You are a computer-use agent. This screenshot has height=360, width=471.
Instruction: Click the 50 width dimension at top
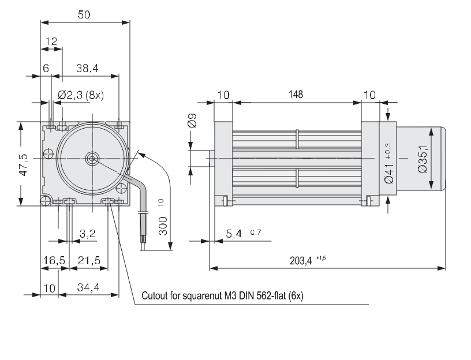[x=84, y=16]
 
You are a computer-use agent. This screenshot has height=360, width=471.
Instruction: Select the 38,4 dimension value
[x=87, y=68]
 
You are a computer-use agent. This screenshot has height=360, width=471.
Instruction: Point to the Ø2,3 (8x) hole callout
[x=81, y=95]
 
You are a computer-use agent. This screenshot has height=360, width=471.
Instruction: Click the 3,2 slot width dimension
[x=88, y=234]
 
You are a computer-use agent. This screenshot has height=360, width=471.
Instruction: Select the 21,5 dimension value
[x=89, y=260]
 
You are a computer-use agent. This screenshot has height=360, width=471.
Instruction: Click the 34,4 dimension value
[x=88, y=287]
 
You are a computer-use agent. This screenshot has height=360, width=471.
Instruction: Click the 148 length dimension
[x=296, y=94]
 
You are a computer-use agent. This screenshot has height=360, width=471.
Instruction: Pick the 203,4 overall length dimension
[x=302, y=260]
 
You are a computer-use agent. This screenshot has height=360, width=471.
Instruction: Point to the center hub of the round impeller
[x=91, y=157]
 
